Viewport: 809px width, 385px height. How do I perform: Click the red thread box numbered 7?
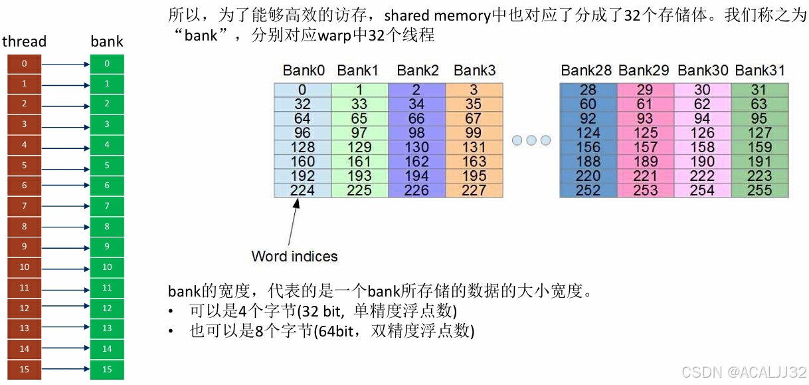tap(25, 206)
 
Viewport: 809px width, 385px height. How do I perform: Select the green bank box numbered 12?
tap(107, 309)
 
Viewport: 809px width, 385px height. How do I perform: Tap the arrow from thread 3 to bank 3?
tap(65, 125)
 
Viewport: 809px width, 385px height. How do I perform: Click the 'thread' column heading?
tap(25, 41)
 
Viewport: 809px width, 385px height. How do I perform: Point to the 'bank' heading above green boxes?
tap(107, 41)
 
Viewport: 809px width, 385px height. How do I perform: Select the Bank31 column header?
tap(760, 70)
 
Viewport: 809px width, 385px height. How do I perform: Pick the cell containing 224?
tap(302, 190)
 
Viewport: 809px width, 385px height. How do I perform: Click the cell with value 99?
tap(474, 132)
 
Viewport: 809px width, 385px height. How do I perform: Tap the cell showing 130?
tap(416, 147)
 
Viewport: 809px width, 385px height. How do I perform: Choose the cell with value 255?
tap(760, 190)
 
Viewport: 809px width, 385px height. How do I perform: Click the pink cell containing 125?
tap(645, 132)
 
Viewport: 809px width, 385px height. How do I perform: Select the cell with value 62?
tap(702, 104)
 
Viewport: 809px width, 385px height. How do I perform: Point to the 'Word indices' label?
tap(294, 257)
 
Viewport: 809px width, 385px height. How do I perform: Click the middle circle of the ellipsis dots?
tap(531, 140)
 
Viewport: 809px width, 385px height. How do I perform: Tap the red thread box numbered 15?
tap(25, 370)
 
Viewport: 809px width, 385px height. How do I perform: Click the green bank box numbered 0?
tap(107, 64)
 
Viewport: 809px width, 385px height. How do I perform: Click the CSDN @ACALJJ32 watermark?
tap(743, 371)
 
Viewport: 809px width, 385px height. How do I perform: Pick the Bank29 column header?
tap(645, 70)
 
